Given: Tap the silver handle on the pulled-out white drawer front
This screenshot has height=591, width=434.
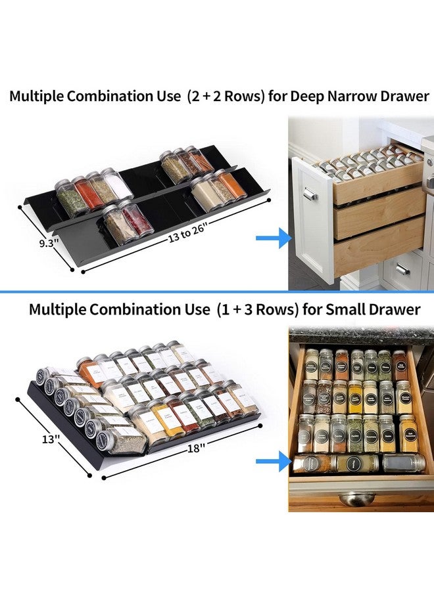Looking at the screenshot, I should [x=310, y=195].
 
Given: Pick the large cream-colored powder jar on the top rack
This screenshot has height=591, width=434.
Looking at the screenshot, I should [x=205, y=191].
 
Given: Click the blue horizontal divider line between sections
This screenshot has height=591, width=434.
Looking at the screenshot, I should [x=217, y=291].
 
